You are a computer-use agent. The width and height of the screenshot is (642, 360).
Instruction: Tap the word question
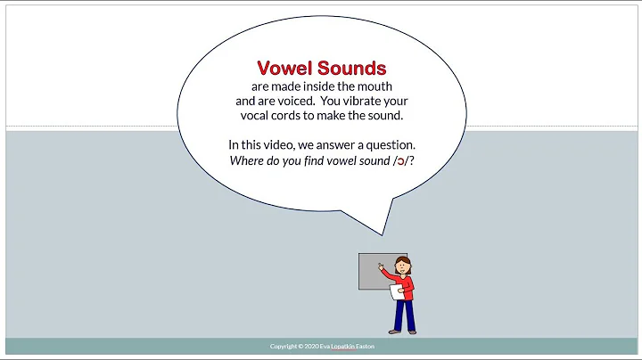click(389, 144)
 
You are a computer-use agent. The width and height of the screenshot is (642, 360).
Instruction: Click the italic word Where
click(246, 160)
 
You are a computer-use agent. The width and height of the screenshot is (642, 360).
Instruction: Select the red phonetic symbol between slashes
click(398, 160)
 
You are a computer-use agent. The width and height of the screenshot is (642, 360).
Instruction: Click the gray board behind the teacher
click(370, 272)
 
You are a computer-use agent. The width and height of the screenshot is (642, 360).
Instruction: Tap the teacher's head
click(404, 265)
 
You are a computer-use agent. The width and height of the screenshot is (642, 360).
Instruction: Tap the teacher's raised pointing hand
click(381, 265)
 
